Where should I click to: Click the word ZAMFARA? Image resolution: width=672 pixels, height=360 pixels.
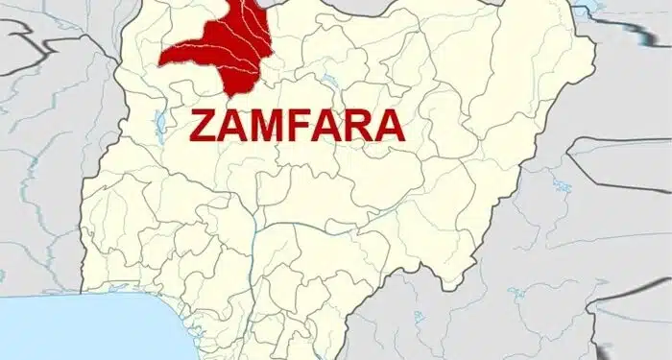pyautogui.click(x=297, y=125)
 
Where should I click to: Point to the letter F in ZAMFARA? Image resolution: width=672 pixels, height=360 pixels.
pyautogui.click(x=300, y=126)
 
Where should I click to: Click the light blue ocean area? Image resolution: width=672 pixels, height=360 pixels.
pyautogui.click(x=77, y=331)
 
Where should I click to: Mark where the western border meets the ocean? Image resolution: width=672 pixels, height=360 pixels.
pyautogui.click(x=84, y=295)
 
